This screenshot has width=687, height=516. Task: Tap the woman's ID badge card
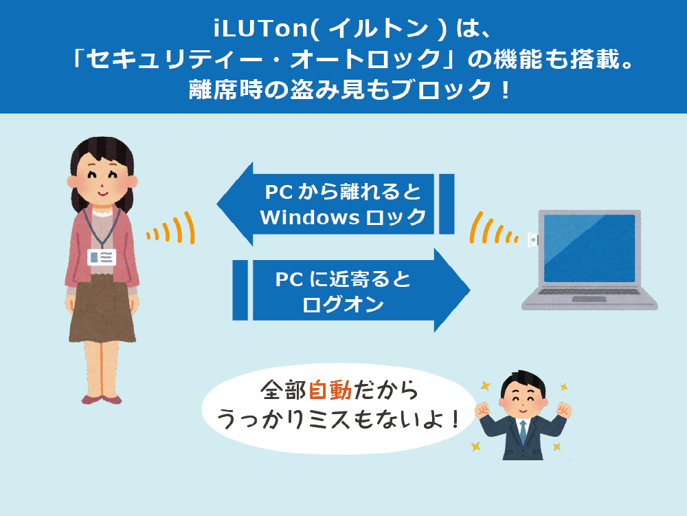pyautogui.click(x=102, y=257)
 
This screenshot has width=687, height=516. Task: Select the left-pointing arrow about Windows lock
pyautogui.click(x=336, y=204)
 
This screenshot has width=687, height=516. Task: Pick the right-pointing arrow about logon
pyautogui.click(x=351, y=290)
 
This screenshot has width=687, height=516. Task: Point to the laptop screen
pyautogui.click(x=589, y=248)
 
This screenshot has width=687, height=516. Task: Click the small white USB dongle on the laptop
pyautogui.click(x=533, y=240)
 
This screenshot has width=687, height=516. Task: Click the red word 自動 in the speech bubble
pyautogui.click(x=330, y=390)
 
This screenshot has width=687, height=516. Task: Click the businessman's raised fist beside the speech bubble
pyautogui.click(x=483, y=410)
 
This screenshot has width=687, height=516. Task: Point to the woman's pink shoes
pyautogui.click(x=102, y=400)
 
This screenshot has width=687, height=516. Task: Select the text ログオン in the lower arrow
pyautogui.click(x=343, y=304)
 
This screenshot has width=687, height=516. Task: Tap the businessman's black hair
pyautogui.click(x=523, y=382)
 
